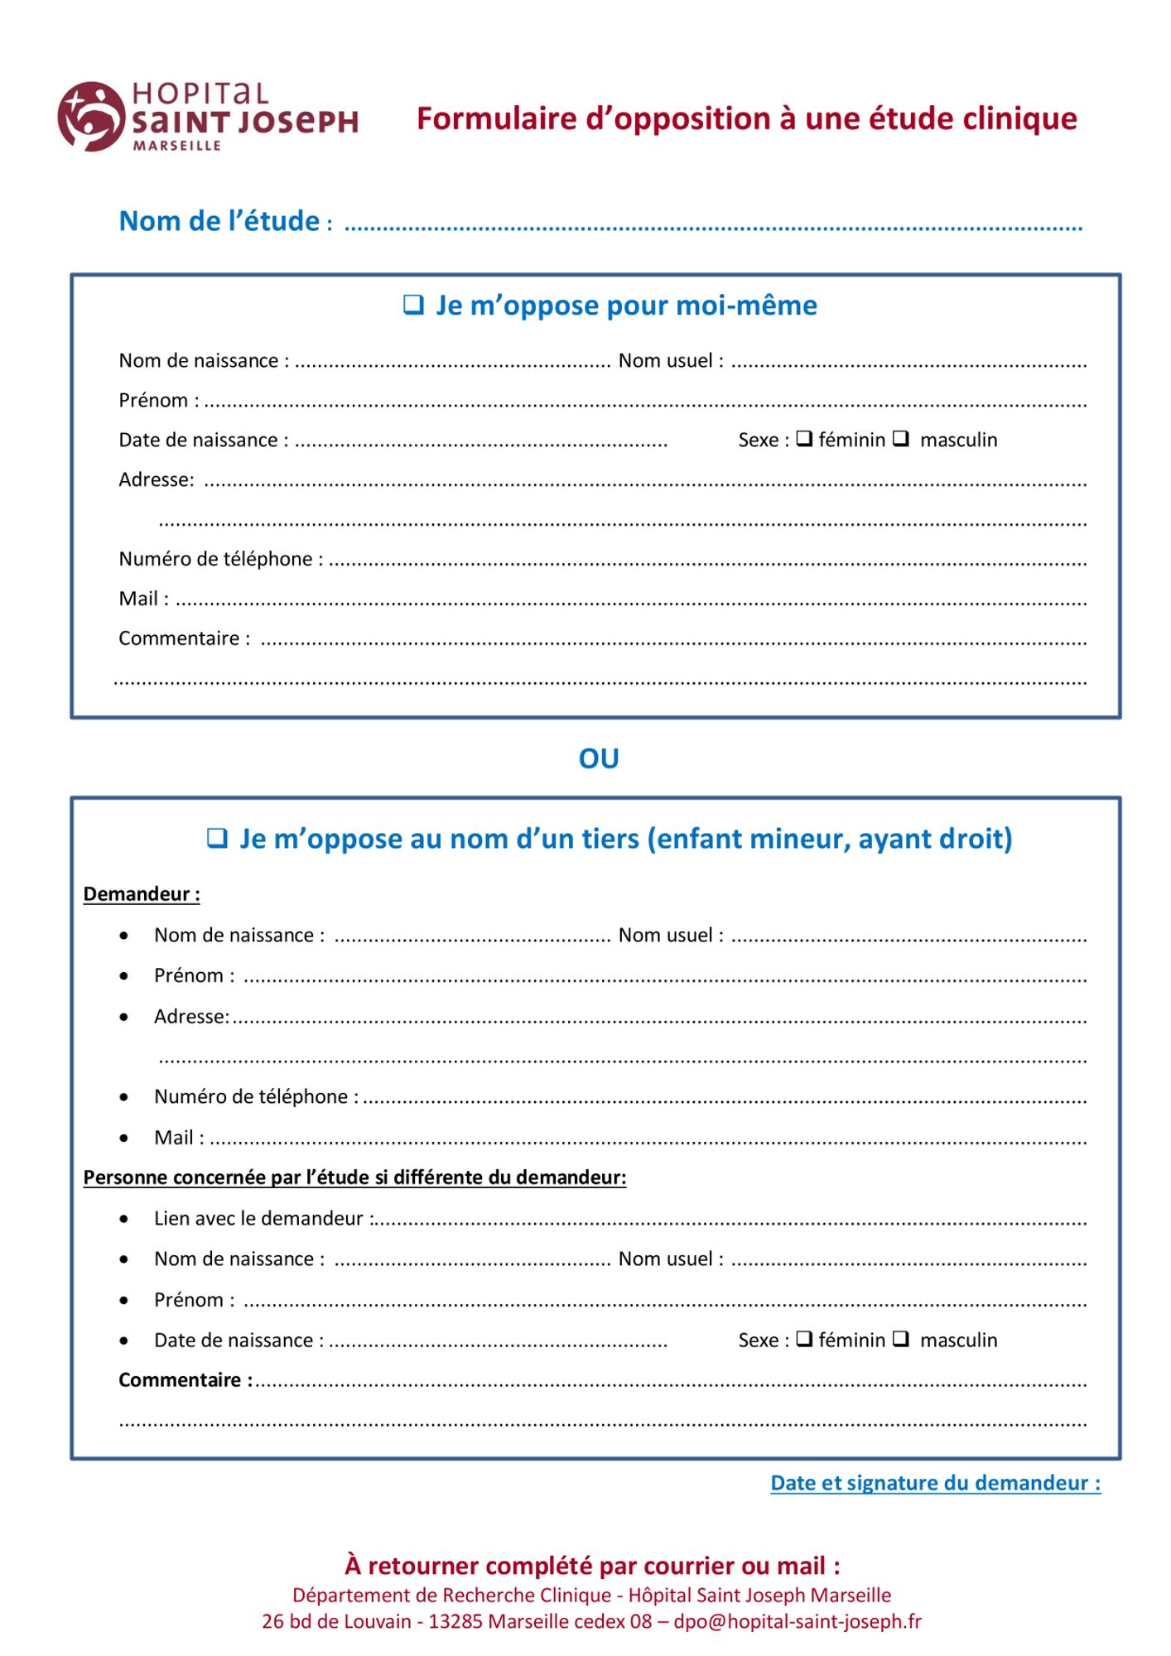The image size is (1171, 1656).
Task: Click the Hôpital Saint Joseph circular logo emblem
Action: (89, 116)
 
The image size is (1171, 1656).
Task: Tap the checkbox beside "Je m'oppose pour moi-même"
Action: (412, 305)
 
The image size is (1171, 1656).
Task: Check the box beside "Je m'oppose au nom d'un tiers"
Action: (216, 838)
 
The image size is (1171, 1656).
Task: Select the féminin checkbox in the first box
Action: (803, 439)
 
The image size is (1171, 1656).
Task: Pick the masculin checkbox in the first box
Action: (901, 439)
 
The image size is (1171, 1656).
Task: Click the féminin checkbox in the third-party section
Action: (803, 1339)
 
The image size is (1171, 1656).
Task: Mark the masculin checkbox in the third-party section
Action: (901, 1339)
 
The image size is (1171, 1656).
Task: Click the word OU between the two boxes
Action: (598, 758)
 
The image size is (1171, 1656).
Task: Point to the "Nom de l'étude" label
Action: (219, 221)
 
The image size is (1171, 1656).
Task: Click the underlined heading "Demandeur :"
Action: (142, 894)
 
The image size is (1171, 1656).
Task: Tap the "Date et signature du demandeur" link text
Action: (935, 1483)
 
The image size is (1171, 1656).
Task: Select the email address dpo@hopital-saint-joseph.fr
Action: (797, 1621)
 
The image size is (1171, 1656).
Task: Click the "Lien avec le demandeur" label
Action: (258, 1218)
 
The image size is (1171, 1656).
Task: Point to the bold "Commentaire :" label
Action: (185, 1379)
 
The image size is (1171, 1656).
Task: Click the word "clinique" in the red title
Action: (1020, 118)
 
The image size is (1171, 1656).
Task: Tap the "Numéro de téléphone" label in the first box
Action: (216, 559)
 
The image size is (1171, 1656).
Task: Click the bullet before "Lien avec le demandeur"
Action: (124, 1219)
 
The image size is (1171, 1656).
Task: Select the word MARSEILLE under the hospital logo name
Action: (177, 146)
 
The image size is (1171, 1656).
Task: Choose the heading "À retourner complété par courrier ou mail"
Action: (592, 1566)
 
